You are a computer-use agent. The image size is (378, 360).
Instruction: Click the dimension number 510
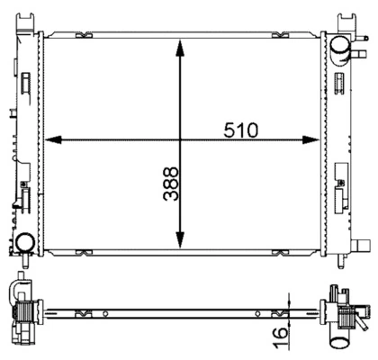tap(240, 130)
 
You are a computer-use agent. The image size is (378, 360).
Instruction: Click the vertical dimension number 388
tap(171, 184)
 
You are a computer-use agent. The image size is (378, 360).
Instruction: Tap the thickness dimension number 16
tap(280, 337)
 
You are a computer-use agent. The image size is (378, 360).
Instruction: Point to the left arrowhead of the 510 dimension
tap(53, 139)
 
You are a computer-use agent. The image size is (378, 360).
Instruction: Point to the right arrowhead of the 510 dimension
tap(310, 139)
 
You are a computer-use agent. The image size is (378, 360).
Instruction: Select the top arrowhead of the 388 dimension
tap(180, 48)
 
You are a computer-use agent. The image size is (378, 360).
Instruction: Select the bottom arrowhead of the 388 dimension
tap(180, 239)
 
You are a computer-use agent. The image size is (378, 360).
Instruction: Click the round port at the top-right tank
tap(340, 46)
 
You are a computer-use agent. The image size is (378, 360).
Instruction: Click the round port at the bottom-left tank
tap(25, 243)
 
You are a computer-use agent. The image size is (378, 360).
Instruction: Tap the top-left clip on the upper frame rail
tap(84, 35)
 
